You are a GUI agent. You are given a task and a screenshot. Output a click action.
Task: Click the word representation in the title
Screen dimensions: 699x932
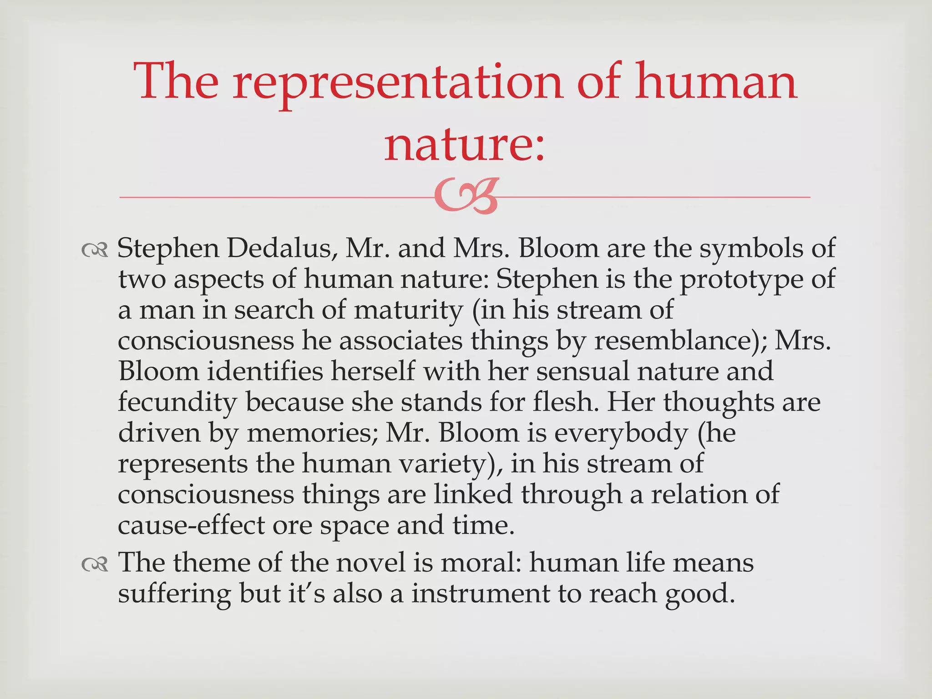(x=399, y=82)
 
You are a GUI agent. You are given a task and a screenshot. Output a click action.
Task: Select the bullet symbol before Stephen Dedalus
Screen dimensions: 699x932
(x=95, y=250)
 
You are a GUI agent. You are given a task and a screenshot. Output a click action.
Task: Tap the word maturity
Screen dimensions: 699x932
(x=408, y=310)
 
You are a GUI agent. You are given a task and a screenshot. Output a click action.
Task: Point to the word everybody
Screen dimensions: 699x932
(x=621, y=433)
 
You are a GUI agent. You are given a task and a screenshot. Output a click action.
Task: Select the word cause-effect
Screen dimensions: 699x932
(x=191, y=525)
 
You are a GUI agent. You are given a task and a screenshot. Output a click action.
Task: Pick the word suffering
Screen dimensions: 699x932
(x=174, y=595)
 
